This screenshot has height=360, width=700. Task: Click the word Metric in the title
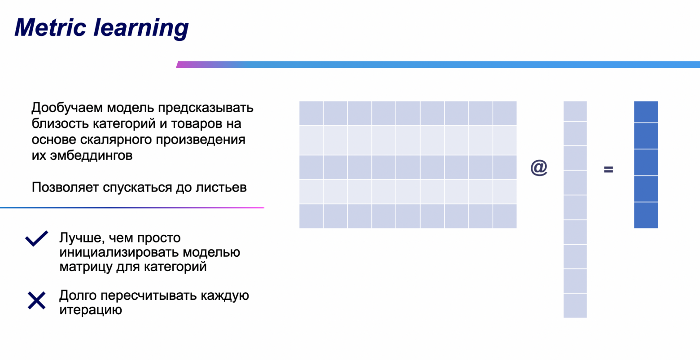pos(50,27)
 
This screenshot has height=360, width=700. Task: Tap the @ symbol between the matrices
pos(539,167)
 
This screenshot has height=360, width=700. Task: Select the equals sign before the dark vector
pos(608,169)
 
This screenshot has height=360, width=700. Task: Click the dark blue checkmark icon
pos(36,238)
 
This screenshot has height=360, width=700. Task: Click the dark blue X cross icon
pos(36,300)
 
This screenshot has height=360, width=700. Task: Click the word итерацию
pos(90,310)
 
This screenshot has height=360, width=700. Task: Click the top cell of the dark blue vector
pos(646,112)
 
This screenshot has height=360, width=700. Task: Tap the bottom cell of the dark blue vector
pos(646,215)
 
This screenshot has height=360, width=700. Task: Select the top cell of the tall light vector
pos(575,111)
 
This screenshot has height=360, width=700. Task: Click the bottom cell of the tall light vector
pos(575,306)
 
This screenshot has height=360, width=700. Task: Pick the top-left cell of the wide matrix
pos(311,113)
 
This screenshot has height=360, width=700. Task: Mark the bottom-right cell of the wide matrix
pos(505,216)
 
